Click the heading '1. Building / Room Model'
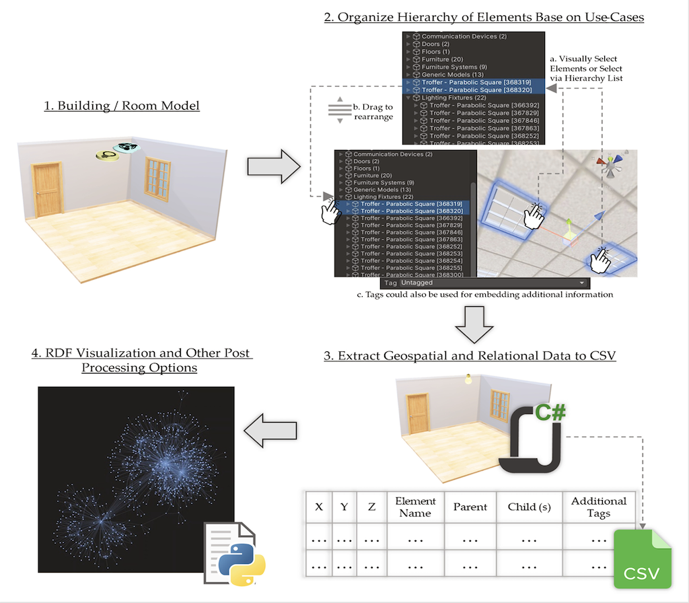pos(122,106)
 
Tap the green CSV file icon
pos(642,560)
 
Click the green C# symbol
pos(550,413)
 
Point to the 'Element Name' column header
pos(415,507)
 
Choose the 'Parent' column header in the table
pos(470,507)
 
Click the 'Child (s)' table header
pos(530,507)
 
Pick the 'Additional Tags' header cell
pos(598,507)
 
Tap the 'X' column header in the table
pos(319,507)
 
